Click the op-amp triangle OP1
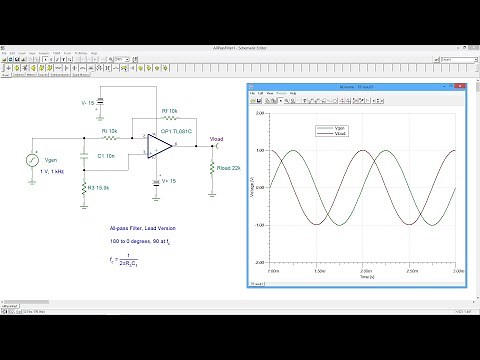158,147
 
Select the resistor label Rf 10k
171,111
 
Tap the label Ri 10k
109,131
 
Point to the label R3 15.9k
100,187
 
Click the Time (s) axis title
365,277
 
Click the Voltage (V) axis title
252,188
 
